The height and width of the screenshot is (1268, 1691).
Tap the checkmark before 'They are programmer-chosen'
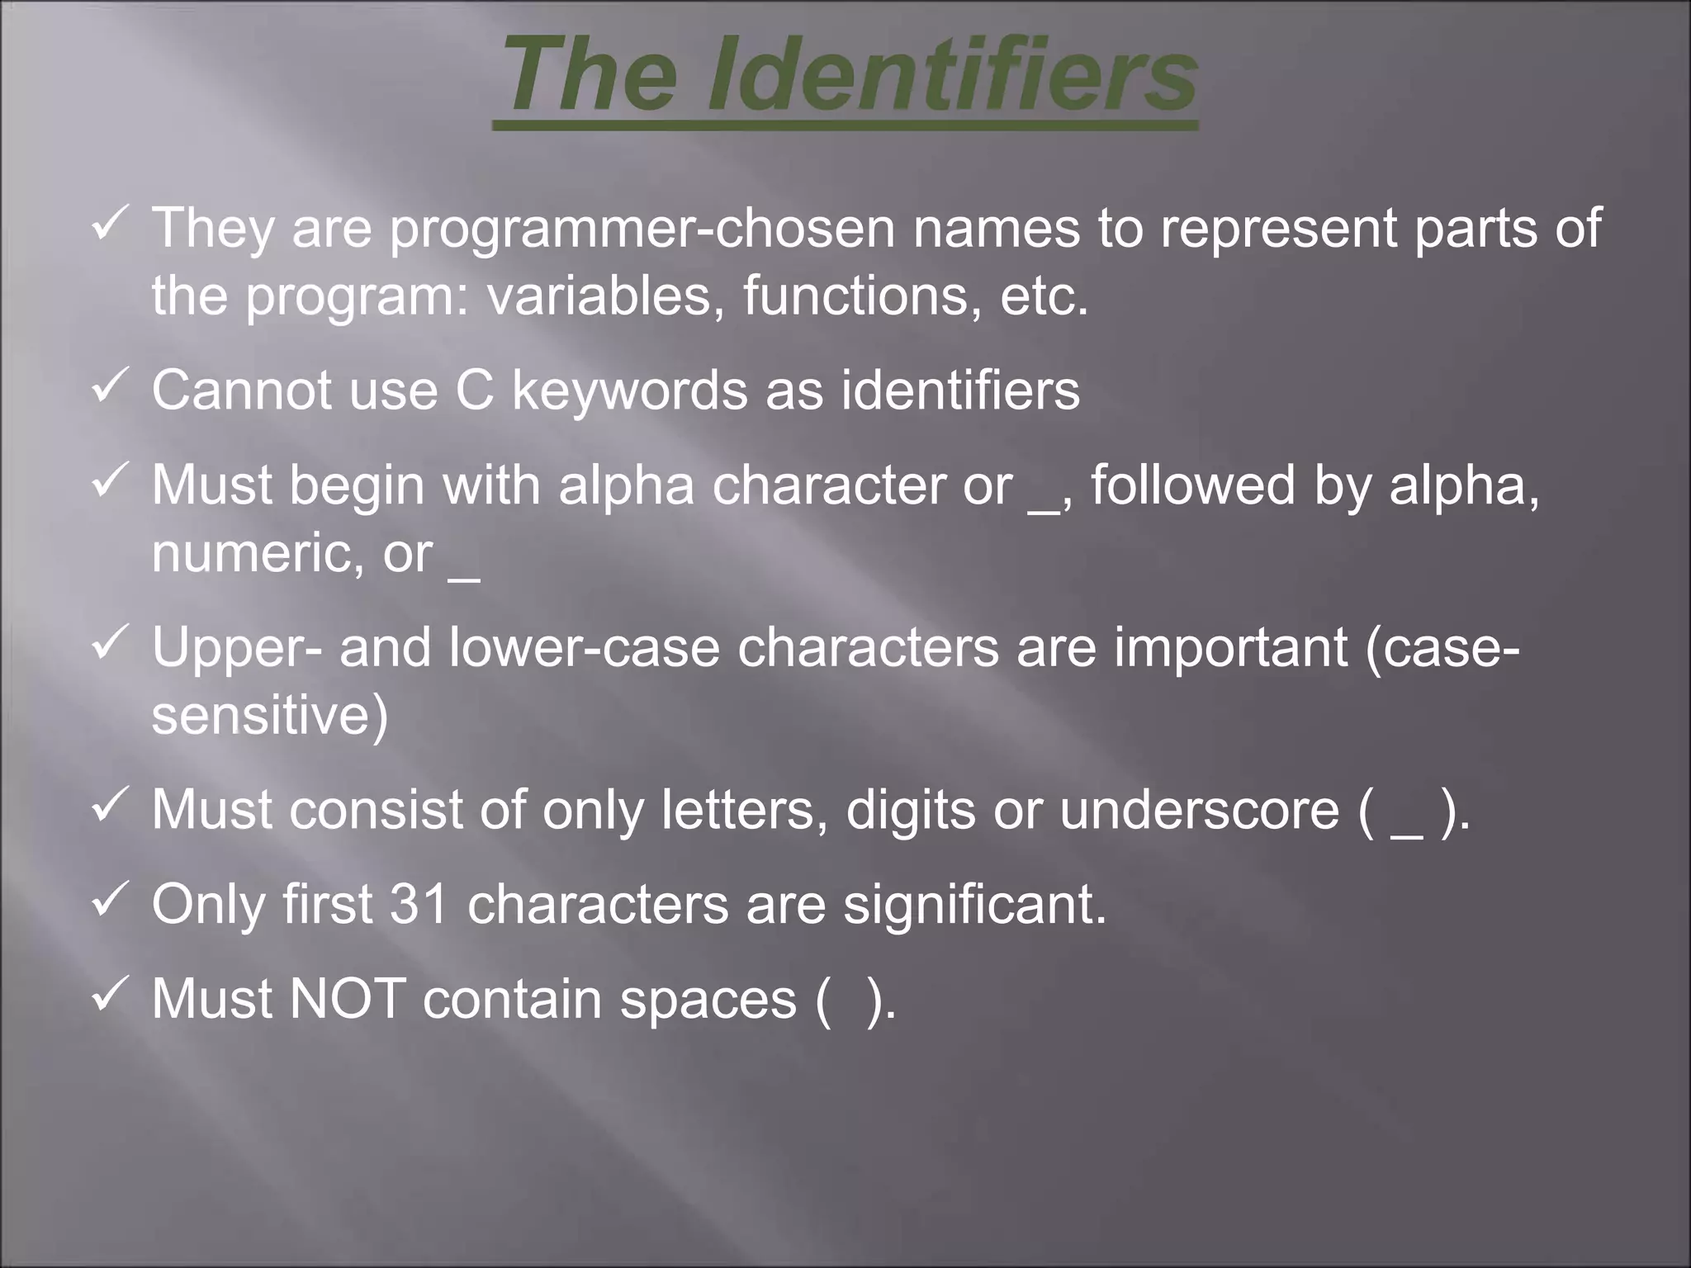(x=108, y=225)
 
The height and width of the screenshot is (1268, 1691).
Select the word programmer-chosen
(x=642, y=229)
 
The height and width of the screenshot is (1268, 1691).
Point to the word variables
(x=599, y=296)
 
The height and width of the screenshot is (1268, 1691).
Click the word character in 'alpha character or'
(x=829, y=485)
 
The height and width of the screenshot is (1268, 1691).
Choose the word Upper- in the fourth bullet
(x=237, y=649)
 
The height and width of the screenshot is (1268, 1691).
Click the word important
(x=1231, y=649)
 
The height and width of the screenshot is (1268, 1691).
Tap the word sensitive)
(x=269, y=715)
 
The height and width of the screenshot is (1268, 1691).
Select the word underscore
(x=1199, y=810)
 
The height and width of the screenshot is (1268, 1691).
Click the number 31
(x=419, y=904)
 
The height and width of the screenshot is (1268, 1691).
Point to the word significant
(x=974, y=906)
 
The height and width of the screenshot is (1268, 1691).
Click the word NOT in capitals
(x=348, y=999)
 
